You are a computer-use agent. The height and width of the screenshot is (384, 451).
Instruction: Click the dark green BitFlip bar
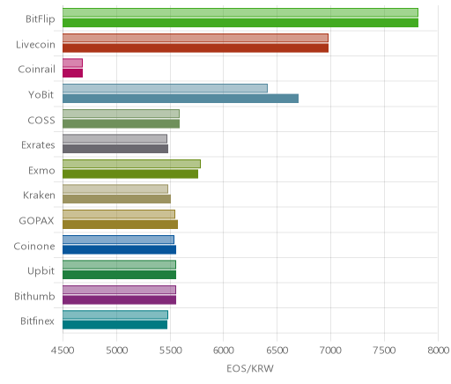point(240,23)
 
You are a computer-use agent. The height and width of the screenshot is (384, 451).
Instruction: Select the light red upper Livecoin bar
point(196,38)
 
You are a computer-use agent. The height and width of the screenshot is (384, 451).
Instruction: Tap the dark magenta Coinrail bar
point(72,73)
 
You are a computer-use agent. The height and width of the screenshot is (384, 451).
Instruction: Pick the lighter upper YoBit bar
point(165,88)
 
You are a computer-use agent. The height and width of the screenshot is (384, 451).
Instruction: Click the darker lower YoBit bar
point(181,99)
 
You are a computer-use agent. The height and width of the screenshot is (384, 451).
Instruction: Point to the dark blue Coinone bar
point(119,249)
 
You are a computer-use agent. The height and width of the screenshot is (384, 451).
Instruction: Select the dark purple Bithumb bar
point(119,299)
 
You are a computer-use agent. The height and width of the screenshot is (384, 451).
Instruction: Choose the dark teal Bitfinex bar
point(115,325)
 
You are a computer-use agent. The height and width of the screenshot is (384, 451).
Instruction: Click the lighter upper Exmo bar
point(131,164)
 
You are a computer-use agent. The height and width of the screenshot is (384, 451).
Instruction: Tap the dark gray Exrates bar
point(115,149)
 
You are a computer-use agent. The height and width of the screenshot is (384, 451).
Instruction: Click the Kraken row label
point(39,196)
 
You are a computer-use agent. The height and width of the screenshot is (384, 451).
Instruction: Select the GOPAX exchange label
point(37,220)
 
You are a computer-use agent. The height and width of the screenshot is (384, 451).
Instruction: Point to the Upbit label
point(41,271)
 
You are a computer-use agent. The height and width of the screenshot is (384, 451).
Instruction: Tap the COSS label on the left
point(41,120)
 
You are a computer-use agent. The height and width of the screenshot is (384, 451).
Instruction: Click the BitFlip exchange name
point(41,19)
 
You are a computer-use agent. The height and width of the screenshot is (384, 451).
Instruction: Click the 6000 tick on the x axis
point(223,351)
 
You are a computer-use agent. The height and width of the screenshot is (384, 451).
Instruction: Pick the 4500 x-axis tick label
point(63,351)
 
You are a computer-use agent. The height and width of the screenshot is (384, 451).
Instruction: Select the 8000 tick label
point(439,351)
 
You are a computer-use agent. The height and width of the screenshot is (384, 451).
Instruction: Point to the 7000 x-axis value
point(330,351)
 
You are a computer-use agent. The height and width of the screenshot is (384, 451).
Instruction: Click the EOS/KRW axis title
point(250,368)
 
